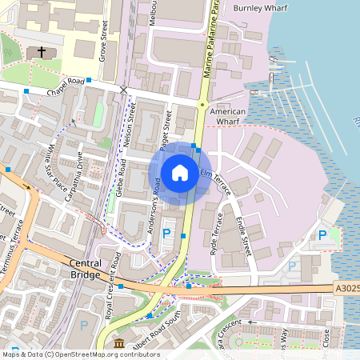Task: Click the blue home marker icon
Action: click(180, 172)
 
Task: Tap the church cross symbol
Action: click(41, 53)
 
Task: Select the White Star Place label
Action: click(56, 168)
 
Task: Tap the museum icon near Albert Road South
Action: click(119, 343)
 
